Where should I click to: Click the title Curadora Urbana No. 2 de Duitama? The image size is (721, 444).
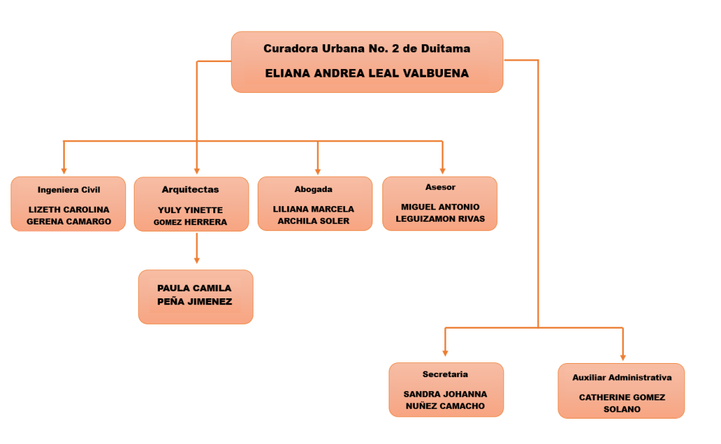click(367, 49)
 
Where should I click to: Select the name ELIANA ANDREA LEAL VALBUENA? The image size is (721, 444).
click(367, 73)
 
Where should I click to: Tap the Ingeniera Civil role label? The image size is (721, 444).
click(69, 190)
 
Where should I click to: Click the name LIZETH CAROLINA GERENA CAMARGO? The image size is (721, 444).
click(69, 215)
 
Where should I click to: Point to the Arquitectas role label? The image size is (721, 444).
click(190, 190)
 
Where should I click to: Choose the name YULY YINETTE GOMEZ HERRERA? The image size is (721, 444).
click(190, 216)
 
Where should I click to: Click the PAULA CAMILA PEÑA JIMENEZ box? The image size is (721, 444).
click(195, 296)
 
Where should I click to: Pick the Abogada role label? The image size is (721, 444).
click(313, 189)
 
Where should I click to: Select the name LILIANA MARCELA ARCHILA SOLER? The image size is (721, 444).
click(313, 215)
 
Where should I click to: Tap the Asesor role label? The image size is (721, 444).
click(440, 187)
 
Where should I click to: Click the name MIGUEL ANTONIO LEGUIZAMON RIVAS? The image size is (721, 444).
click(440, 213)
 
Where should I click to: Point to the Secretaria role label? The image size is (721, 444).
click(445, 374)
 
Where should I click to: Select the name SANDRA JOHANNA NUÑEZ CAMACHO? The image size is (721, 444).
click(446, 400)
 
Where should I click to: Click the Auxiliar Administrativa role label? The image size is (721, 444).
click(622, 378)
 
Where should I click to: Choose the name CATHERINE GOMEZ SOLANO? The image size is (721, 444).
click(622, 403)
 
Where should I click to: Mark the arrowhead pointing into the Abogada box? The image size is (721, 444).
click(318, 170)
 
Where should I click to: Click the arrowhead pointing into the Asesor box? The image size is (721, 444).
click(442, 170)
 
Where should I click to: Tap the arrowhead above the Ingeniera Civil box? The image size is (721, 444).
click(64, 170)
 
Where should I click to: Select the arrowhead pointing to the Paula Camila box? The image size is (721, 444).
click(196, 260)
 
